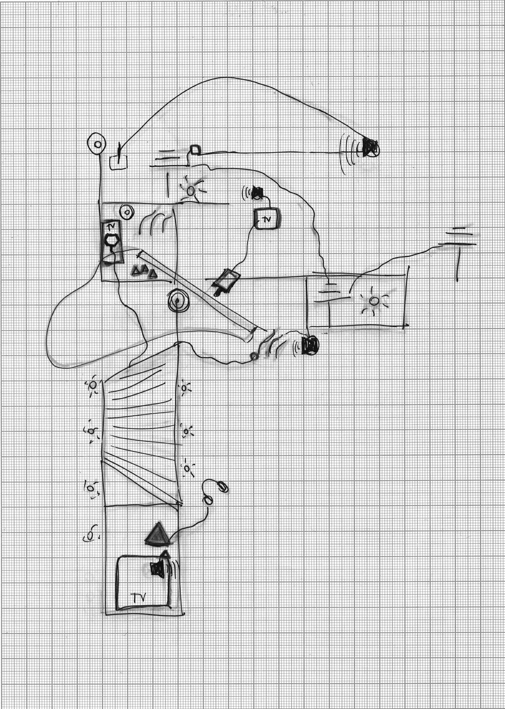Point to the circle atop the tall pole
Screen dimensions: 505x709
(97, 144)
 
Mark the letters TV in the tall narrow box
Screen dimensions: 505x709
(111, 226)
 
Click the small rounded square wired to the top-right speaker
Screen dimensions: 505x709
(195, 150)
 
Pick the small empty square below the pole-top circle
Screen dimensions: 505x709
(118, 162)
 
